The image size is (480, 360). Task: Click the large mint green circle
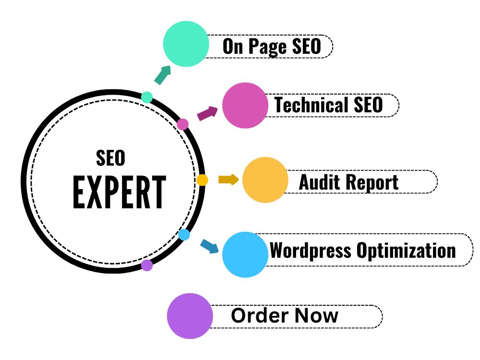186,44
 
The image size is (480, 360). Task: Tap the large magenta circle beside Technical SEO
245,105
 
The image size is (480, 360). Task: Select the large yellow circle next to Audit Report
265,180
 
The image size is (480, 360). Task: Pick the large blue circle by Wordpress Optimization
245,254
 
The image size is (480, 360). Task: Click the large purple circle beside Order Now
190,316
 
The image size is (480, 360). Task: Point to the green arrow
163,75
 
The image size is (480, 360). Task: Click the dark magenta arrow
207,113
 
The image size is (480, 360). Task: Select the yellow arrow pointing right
228,180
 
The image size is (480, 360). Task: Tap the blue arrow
210,246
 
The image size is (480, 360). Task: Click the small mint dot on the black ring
147,97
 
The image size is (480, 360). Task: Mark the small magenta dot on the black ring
183,124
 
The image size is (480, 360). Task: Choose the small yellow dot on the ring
202,180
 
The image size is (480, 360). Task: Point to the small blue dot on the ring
184,235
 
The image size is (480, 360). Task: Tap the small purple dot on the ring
147,265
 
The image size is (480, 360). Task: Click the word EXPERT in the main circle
120,192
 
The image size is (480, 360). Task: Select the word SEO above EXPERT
110,158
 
